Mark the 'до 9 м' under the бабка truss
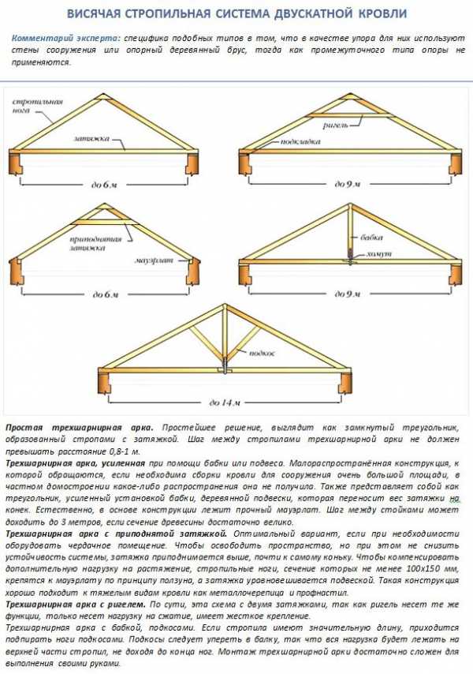[346, 293]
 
